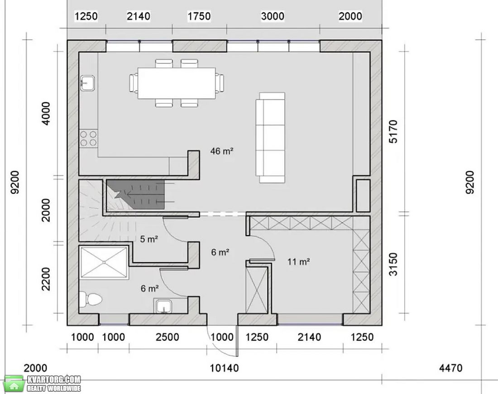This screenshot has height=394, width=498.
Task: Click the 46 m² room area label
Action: tap(222, 151)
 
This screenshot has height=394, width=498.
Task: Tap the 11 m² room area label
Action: tap(298, 261)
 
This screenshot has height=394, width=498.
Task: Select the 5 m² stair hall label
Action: tap(149, 239)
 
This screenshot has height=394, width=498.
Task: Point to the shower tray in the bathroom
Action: tap(104, 263)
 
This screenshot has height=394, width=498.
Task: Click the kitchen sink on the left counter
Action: tap(87, 83)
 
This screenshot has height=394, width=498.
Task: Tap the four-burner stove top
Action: tap(88, 138)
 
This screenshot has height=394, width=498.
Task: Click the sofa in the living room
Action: tap(271, 138)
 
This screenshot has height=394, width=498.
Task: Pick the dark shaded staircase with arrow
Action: tap(136, 194)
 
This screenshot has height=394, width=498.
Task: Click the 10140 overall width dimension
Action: tap(224, 368)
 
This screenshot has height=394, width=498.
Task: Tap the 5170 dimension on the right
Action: tap(393, 131)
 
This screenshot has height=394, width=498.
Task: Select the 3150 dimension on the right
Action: tap(393, 264)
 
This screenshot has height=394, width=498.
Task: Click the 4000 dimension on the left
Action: tap(46, 113)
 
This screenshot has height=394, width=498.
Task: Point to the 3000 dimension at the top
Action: tap(273, 16)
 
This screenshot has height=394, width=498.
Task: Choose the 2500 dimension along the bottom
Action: tap(168, 337)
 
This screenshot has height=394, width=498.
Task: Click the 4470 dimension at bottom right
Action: tap(450, 368)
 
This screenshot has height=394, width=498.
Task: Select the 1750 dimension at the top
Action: tap(199, 16)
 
